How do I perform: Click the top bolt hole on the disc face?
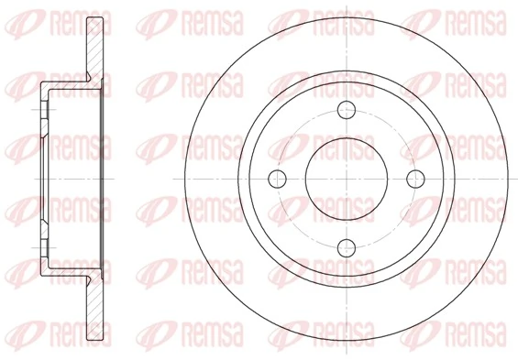[347, 111]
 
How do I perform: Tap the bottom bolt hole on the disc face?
[347, 245]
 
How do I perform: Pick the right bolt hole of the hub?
[413, 178]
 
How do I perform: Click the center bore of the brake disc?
[347, 178]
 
